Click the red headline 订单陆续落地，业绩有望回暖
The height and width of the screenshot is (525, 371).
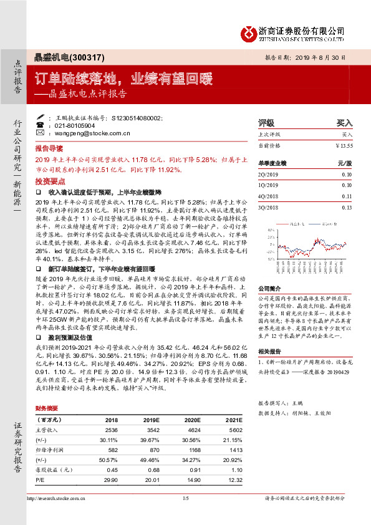[123, 79]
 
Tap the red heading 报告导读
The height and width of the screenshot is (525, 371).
[49, 150]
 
